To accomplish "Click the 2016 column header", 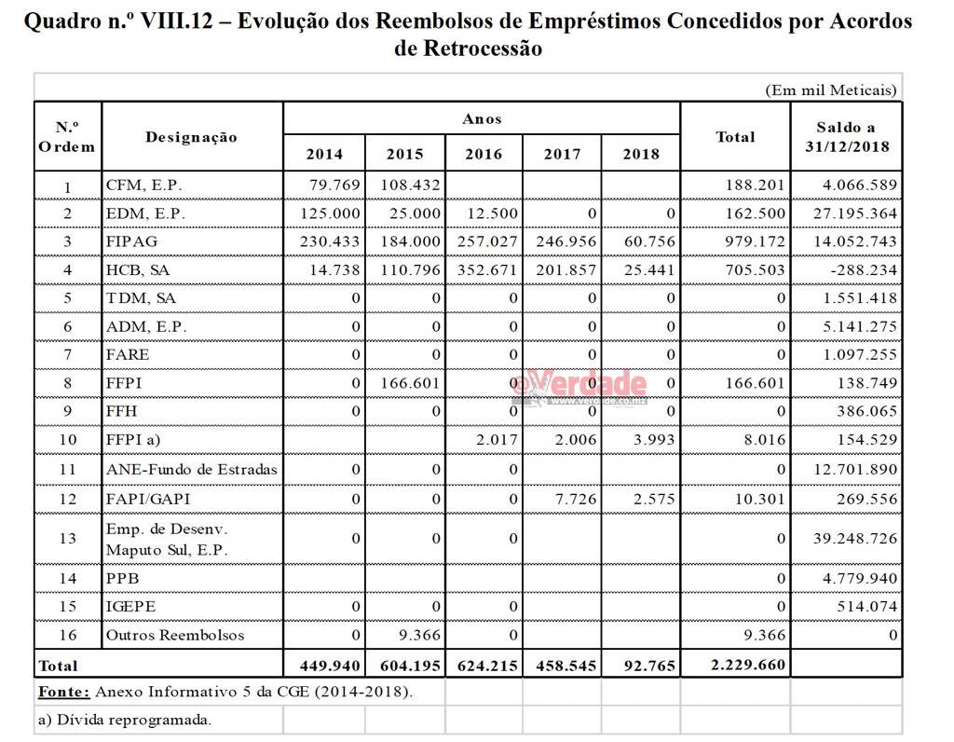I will point(484,155).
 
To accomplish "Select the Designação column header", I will point(191,137).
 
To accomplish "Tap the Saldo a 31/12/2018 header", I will point(846,137).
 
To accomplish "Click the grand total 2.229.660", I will point(748,665).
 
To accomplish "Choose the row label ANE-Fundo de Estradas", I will point(191,470).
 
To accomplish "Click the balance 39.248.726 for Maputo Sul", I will point(854,538).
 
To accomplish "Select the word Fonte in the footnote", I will point(62,692).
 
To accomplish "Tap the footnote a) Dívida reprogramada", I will point(124,720).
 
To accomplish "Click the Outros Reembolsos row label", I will point(174,635).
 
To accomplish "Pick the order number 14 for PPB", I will point(67,579).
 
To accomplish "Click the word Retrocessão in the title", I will point(468,48).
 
